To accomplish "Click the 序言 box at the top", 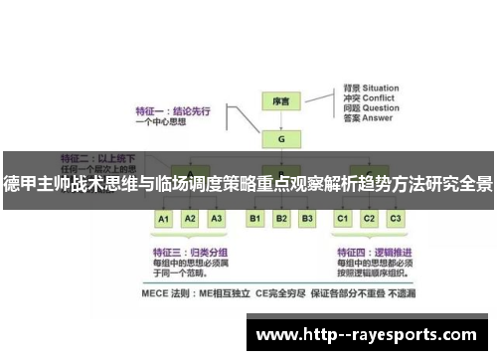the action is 281,100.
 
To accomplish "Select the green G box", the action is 281,140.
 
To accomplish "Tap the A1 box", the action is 164,218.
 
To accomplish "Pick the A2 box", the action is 191,218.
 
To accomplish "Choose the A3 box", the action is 217,218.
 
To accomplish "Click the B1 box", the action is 255,218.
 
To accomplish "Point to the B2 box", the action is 281,218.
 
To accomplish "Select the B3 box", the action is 307,218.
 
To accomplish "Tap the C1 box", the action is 343,218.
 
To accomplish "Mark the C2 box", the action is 369,218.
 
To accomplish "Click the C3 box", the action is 395,218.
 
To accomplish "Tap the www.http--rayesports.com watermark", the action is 366,335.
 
